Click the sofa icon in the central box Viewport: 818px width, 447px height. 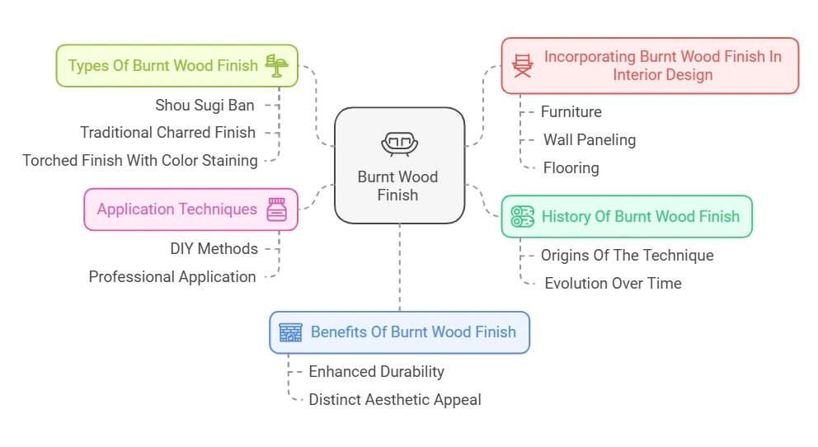[x=399, y=144]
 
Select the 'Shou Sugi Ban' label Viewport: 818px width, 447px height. [x=204, y=105]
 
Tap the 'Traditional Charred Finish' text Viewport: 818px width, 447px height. [x=167, y=132]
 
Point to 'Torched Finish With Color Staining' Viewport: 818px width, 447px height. [x=139, y=160]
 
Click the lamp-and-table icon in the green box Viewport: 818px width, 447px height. [x=276, y=65]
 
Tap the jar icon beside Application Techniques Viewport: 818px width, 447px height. [x=276, y=209]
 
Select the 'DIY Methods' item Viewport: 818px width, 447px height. [x=214, y=248]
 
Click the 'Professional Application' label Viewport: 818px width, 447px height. [x=172, y=277]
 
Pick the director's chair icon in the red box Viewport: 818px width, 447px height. [x=523, y=65]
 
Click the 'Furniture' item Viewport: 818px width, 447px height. [x=571, y=111]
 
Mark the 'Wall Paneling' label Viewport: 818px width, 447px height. [x=589, y=139]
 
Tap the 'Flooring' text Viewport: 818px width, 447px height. [x=571, y=167]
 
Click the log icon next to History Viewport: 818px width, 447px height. [x=522, y=217]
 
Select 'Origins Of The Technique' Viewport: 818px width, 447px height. [x=627, y=255]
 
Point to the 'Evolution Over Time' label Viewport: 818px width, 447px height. [x=613, y=283]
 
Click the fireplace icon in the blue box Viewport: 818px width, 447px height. [x=290, y=332]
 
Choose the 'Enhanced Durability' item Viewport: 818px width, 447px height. [x=376, y=371]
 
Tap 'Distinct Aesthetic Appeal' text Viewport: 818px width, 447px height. [x=394, y=399]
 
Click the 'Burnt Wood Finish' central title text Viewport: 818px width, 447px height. [x=398, y=186]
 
